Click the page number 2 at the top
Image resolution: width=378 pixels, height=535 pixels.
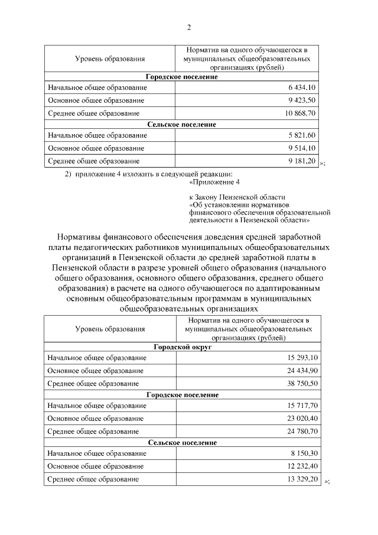tap(189, 28)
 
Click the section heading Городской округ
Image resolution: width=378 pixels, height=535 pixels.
tap(183, 347)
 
